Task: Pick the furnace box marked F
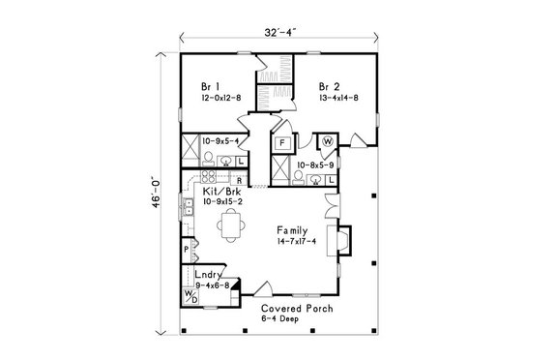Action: click(x=282, y=143)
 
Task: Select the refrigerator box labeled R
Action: click(x=239, y=180)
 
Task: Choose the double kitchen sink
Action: click(x=188, y=206)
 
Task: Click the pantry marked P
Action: click(x=187, y=249)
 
